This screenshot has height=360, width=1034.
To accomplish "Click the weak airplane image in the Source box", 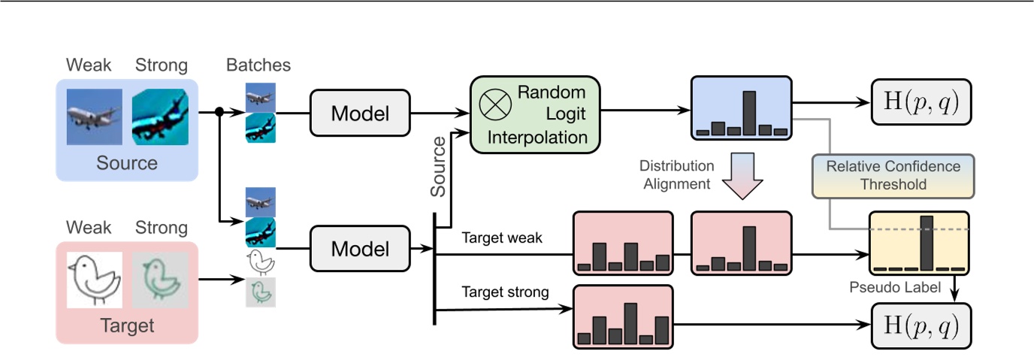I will click(x=94, y=116).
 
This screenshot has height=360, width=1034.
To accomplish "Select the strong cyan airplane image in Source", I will click(x=160, y=116).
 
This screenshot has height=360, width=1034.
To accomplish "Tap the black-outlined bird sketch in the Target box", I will click(x=94, y=280).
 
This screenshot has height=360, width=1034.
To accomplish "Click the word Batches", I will click(x=258, y=65).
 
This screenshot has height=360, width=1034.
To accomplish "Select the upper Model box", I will click(x=361, y=113).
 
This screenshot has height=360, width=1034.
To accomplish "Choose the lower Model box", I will click(x=361, y=248).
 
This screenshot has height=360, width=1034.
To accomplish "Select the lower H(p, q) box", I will click(x=921, y=325).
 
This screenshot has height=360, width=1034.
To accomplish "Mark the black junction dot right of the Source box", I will click(x=219, y=113).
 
